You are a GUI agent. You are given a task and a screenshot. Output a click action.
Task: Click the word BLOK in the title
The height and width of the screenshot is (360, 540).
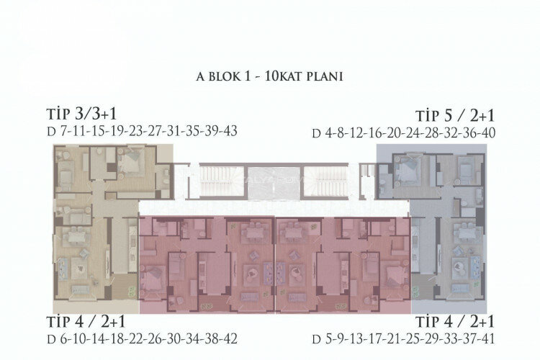223,76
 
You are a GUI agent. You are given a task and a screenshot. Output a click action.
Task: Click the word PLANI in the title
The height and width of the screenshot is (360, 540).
325,76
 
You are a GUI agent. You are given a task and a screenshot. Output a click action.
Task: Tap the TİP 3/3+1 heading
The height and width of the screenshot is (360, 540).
81,114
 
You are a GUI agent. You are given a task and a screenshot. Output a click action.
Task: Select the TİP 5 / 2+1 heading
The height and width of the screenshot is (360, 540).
455,116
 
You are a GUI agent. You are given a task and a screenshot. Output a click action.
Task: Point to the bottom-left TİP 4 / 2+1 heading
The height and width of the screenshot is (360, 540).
86,322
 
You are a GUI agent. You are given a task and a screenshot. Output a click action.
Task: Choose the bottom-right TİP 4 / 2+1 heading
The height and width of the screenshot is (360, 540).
455,322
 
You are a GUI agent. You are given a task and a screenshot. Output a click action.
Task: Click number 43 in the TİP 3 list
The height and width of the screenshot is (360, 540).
230,131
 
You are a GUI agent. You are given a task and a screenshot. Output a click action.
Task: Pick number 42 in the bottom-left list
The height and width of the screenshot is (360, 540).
230,338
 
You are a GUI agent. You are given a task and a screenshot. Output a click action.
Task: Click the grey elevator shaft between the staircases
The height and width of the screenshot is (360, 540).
275,183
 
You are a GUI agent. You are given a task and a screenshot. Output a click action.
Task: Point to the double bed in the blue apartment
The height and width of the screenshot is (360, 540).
409,166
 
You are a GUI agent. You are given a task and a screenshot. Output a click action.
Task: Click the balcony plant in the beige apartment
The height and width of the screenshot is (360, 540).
131,290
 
